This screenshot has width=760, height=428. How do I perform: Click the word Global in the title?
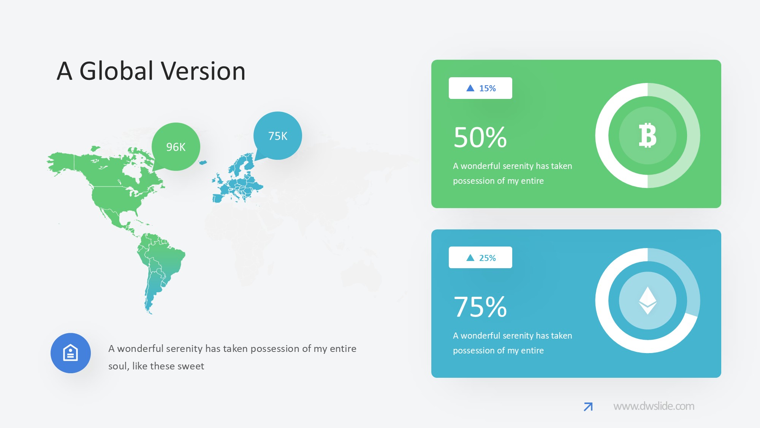pyautogui.click(x=116, y=71)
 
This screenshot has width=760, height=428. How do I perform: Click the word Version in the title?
pyautogui.click(x=203, y=71)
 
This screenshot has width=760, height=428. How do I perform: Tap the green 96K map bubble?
pyautogui.click(x=176, y=146)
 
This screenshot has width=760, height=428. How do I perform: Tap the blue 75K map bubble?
pyautogui.click(x=278, y=136)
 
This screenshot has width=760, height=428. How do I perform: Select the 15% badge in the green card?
pyautogui.click(x=480, y=88)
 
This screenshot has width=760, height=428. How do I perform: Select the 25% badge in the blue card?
pyautogui.click(x=480, y=258)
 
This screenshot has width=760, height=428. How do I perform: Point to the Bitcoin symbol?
pyautogui.click(x=648, y=135)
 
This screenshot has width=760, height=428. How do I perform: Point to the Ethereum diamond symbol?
pyautogui.click(x=648, y=301)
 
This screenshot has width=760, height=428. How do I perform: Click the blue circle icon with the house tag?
pyautogui.click(x=71, y=353)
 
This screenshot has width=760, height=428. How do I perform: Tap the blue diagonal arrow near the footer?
pyautogui.click(x=588, y=407)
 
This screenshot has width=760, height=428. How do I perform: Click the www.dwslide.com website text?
pyautogui.click(x=654, y=406)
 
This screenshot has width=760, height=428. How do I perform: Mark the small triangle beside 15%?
pyautogui.click(x=470, y=88)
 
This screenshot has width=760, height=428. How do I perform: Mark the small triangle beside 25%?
pyautogui.click(x=470, y=258)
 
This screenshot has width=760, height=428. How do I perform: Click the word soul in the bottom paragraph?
pyautogui.click(x=118, y=366)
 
